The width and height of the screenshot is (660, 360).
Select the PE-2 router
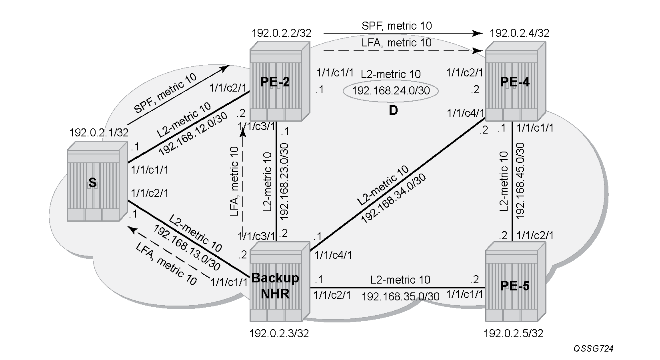280,81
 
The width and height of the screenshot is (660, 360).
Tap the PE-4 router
516,81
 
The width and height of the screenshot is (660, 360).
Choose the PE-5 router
516,282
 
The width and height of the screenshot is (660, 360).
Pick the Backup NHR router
280,282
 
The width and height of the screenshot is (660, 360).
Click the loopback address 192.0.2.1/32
99,133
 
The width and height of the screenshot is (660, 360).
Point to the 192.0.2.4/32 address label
519,33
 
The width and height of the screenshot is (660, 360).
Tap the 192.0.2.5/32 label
513,334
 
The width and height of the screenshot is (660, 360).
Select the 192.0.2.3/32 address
279,334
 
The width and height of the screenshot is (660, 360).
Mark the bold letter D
393,110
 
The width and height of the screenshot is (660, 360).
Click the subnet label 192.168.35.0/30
400,297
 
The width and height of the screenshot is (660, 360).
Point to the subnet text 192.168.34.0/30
393,198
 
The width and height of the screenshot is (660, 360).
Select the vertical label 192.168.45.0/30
521,181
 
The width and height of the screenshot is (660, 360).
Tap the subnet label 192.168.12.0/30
193,134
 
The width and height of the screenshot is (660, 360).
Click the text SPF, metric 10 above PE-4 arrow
396,26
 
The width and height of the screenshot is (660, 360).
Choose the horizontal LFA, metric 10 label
396,43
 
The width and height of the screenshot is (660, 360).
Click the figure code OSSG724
594,349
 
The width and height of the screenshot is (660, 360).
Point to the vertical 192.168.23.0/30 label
284,182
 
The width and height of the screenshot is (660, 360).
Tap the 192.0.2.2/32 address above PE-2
281,33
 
